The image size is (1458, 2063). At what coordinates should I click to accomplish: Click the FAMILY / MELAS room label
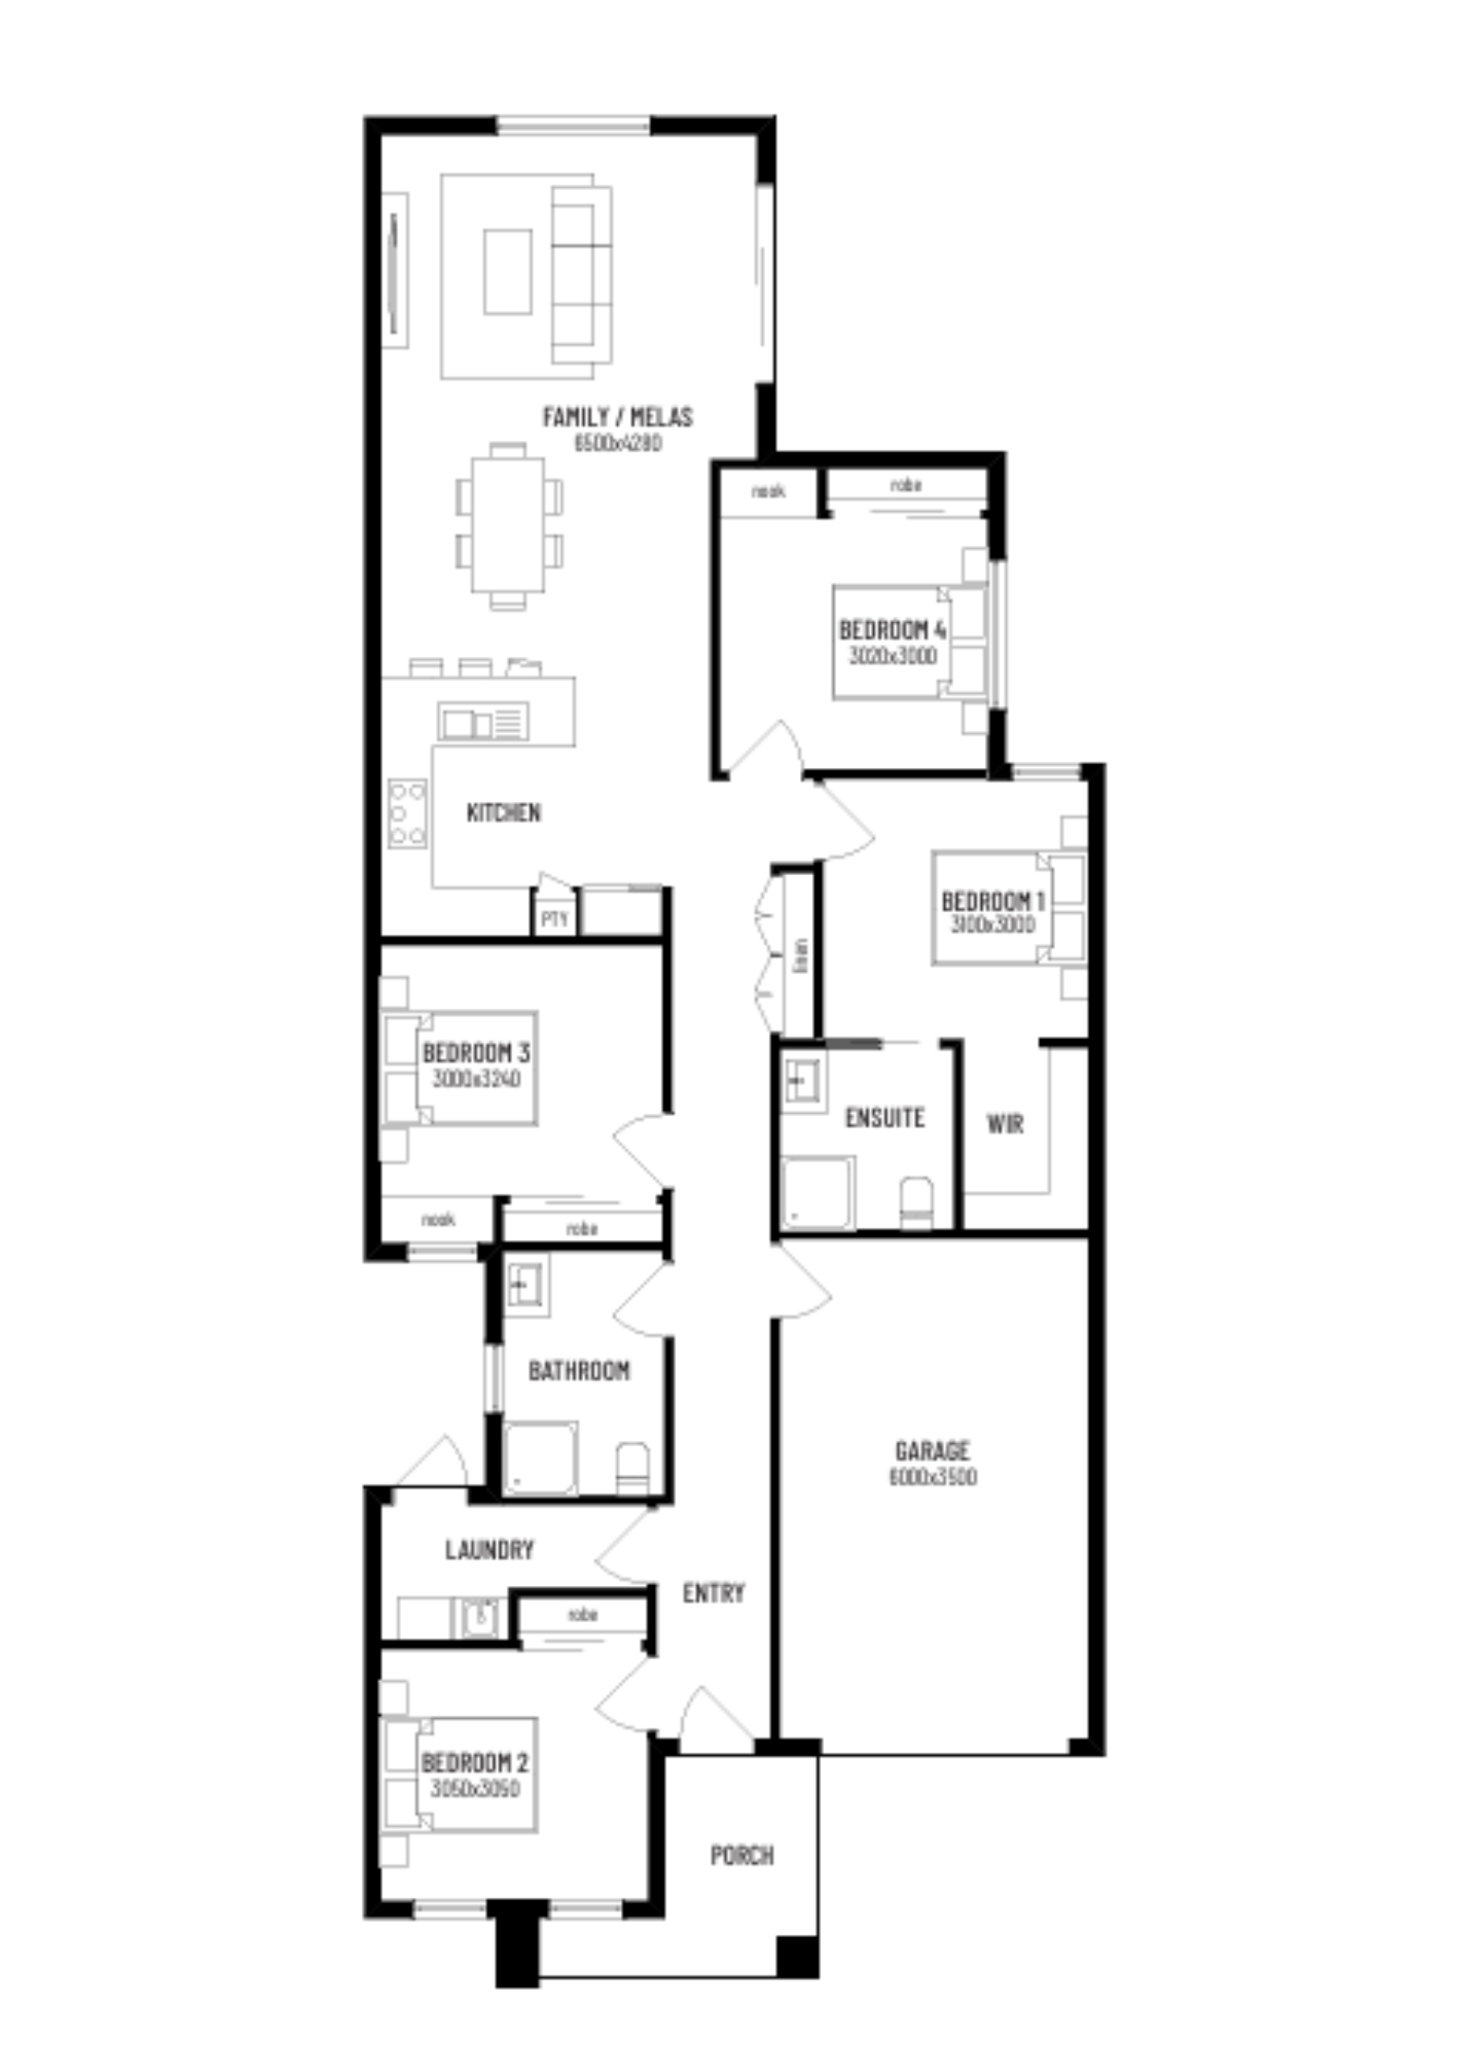pyautogui.click(x=617, y=417)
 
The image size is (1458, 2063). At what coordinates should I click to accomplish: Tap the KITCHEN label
pyautogui.click(x=504, y=812)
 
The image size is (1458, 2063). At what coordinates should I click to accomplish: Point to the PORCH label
pyautogui.click(x=742, y=1855)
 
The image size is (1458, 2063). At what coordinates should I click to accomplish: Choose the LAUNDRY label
pyautogui.click(x=490, y=1549)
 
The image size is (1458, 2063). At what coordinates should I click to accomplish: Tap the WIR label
pyautogui.click(x=1004, y=1123)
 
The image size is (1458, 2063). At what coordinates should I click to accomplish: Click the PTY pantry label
pyautogui.click(x=555, y=919)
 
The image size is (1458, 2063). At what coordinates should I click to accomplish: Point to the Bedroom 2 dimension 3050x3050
pyautogui.click(x=474, y=1788)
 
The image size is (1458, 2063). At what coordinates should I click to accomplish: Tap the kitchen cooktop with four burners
pyautogui.click(x=407, y=813)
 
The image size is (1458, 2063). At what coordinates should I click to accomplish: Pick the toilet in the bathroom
pyautogui.click(x=633, y=1468)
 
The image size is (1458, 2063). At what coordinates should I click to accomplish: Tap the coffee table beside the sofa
pyautogui.click(x=507, y=272)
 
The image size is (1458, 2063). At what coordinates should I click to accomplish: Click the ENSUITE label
pyautogui.click(x=884, y=1117)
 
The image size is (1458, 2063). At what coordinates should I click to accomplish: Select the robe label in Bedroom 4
pyautogui.click(x=905, y=485)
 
